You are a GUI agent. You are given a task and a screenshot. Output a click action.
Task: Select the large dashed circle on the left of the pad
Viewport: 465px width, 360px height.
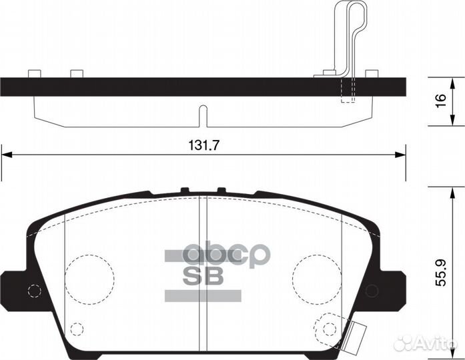89,274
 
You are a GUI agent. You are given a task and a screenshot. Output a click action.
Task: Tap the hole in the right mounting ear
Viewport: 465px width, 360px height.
372,289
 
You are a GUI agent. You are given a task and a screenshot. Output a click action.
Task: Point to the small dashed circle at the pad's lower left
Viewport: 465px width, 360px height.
77,329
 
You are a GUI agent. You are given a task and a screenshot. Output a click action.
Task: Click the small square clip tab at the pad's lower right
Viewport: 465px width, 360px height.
360,331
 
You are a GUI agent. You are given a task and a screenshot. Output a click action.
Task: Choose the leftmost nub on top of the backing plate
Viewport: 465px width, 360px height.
34,73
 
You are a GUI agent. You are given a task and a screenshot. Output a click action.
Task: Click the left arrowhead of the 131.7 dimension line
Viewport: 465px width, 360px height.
6,155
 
